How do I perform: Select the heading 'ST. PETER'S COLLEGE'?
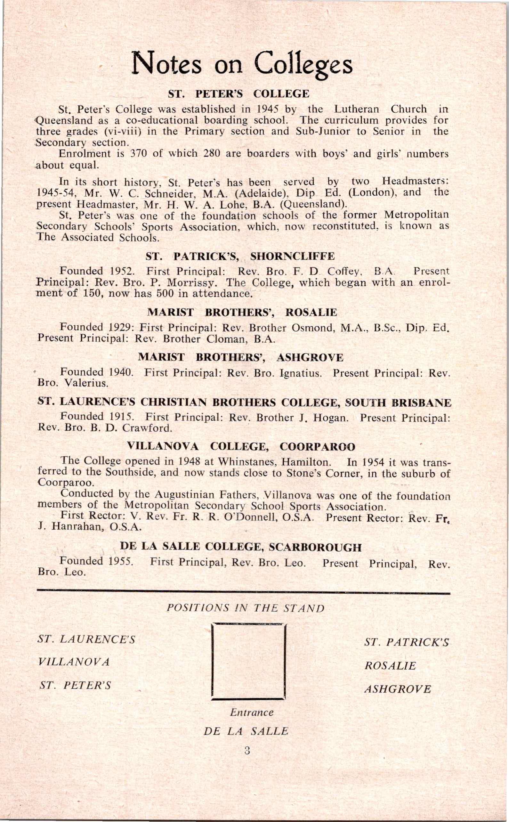tap(238, 94)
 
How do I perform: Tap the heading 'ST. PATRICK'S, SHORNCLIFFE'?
tap(240, 256)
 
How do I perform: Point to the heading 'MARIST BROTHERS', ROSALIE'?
tap(242, 313)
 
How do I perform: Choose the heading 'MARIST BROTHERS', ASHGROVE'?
tap(241, 357)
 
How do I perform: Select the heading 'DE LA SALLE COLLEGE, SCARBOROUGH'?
tap(241, 547)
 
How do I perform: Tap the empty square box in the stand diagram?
tap(249, 661)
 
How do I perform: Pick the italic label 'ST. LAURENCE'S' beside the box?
tap(87, 639)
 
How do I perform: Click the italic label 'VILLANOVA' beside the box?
tap(74, 662)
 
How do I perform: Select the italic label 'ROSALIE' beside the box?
tap(390, 666)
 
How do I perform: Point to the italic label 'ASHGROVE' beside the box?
tap(398, 689)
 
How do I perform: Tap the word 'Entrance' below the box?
tap(252, 712)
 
